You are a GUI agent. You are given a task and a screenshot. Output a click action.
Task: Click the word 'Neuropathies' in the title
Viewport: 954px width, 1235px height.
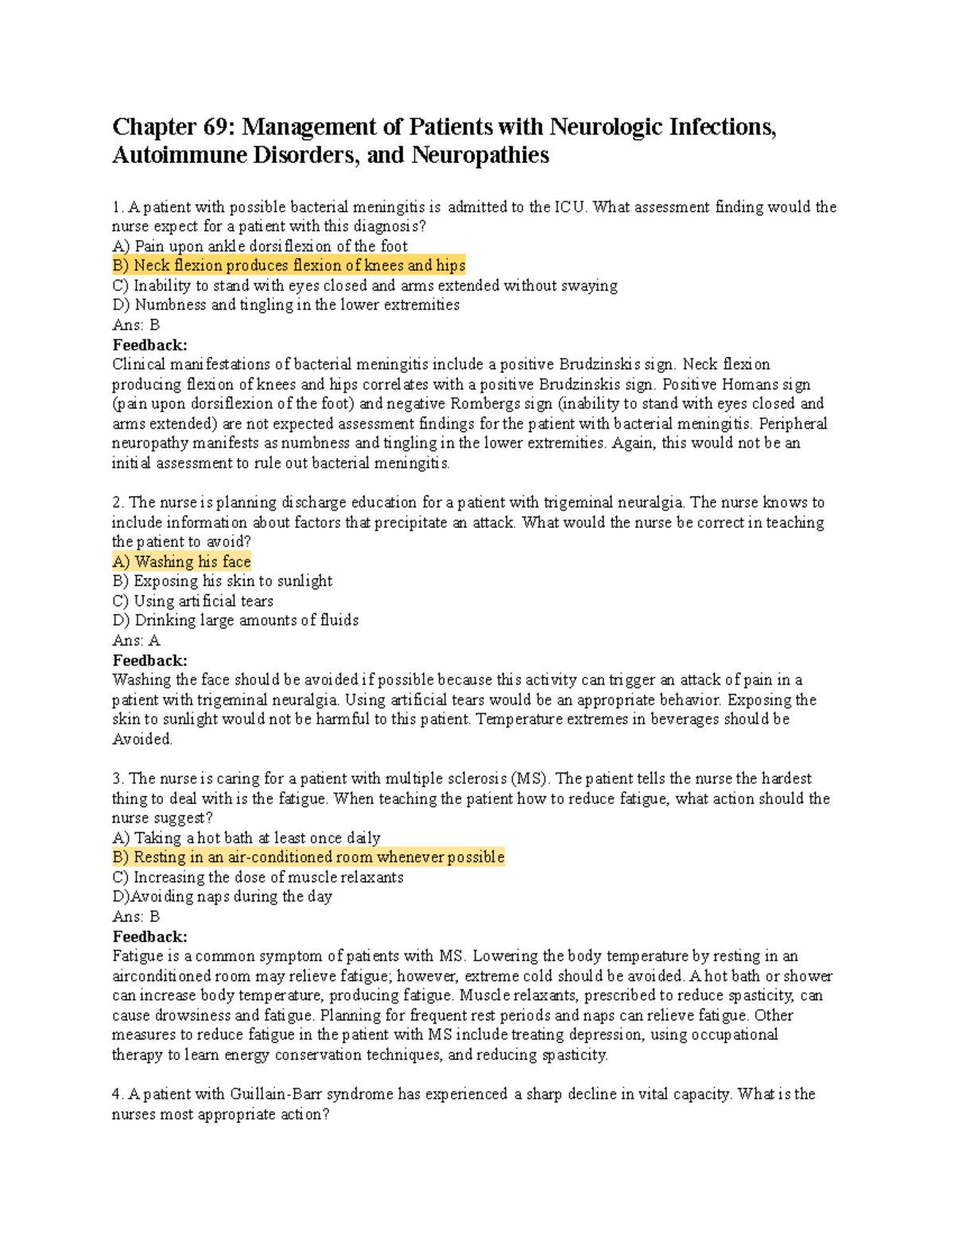pos(479,155)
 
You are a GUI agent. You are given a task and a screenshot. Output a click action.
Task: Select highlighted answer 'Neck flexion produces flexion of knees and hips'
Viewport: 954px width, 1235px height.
pos(289,266)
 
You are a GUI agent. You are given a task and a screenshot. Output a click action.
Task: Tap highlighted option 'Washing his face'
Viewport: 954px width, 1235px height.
pos(182,561)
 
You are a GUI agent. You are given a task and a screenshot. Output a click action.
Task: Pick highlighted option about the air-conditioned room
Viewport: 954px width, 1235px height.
pos(308,857)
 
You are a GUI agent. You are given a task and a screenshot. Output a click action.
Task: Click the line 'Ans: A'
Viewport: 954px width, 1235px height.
pos(136,640)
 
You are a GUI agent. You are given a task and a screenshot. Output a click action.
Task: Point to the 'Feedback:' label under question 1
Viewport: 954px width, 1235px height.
pos(149,345)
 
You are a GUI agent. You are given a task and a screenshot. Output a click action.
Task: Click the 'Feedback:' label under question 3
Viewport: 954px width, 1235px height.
pos(149,937)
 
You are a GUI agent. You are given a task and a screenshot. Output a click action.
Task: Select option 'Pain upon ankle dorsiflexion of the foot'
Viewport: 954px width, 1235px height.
pos(260,247)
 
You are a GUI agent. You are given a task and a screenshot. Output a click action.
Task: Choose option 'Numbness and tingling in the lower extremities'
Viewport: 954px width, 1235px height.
pos(285,305)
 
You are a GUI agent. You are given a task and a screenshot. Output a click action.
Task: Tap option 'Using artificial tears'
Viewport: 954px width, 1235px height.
pos(193,601)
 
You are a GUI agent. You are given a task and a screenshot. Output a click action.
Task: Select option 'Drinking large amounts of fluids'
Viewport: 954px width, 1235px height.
pos(235,620)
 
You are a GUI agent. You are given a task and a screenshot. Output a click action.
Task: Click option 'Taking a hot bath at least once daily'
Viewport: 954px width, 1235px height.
pos(246,837)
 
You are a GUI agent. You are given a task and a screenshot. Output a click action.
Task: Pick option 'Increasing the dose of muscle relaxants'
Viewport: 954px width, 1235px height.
pos(258,877)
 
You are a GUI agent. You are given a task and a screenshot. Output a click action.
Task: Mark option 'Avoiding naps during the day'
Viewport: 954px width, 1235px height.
pos(223,896)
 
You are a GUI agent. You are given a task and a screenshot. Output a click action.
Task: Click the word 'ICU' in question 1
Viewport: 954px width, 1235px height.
pos(570,208)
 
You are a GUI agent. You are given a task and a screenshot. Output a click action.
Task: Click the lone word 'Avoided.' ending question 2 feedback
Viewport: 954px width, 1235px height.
pos(142,739)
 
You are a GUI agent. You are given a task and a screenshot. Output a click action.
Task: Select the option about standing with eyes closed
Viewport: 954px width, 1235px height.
pos(365,285)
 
